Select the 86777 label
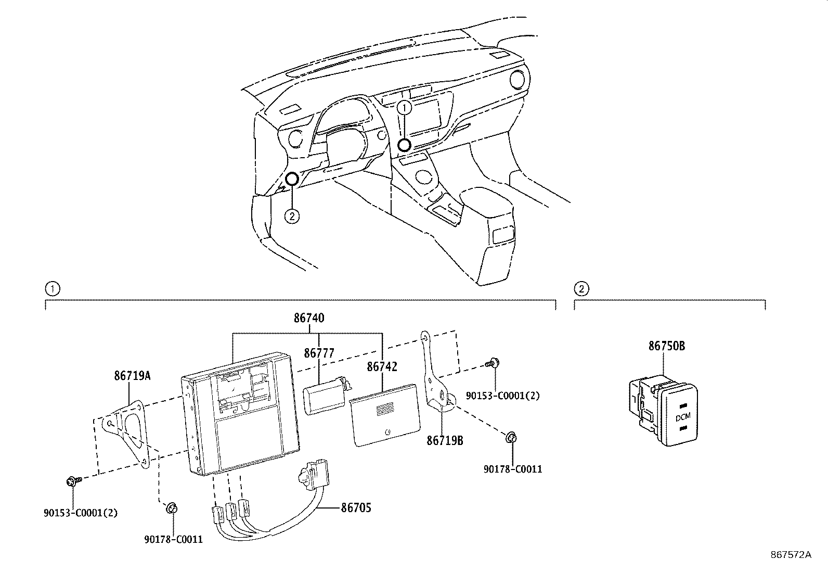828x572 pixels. point(319,353)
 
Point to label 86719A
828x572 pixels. point(132,375)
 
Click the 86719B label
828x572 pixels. point(445,441)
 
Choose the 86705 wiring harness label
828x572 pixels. point(356,507)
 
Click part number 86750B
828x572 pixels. point(666,346)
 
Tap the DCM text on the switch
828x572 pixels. point(683,417)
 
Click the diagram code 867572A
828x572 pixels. point(791,555)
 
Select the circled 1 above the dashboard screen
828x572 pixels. point(405,108)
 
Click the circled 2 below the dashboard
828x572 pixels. point(292,216)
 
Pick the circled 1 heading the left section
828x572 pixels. point(52,288)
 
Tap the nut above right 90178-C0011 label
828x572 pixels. point(511,438)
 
